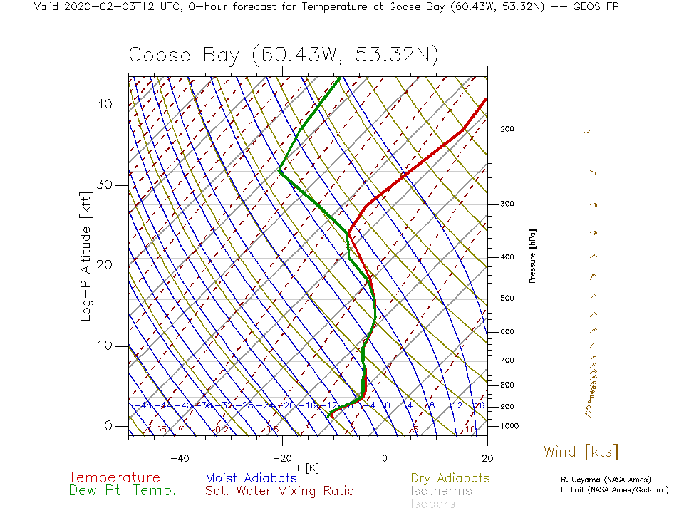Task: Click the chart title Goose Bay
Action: coord(283,56)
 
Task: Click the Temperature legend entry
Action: coord(114,478)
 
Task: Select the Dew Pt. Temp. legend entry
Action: coord(122,491)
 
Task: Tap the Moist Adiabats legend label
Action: coord(251,478)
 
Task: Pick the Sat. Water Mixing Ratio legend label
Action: coord(279,491)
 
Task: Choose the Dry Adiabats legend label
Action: coord(450,478)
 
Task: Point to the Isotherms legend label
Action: coord(441,491)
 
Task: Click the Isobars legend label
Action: coord(432,504)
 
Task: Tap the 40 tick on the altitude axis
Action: coord(105,105)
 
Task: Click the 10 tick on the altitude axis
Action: coord(105,346)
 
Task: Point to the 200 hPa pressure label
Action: coord(507,130)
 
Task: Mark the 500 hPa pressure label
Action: coord(507,298)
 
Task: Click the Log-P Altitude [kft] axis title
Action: coord(85,256)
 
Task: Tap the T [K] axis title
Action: coord(308,467)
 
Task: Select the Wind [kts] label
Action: coord(581,452)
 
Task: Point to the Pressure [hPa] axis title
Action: coord(532,256)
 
